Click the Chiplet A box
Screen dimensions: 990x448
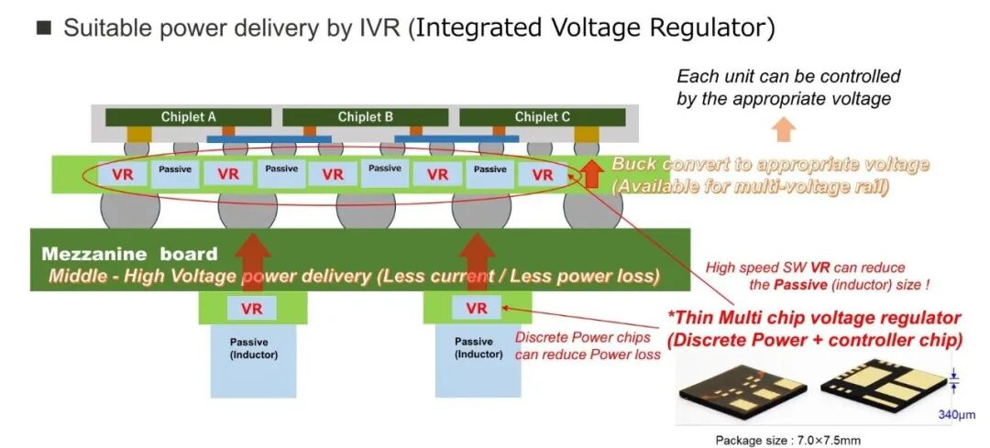coord(188,117)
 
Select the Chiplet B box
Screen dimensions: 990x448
coord(366,117)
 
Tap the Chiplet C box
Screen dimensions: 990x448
coord(543,117)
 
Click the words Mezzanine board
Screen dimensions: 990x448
coord(129,255)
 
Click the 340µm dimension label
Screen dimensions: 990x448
coord(957,415)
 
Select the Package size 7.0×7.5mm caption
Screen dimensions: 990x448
coord(788,440)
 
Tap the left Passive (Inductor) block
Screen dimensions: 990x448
coord(253,361)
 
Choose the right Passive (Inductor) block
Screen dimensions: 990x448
coord(478,361)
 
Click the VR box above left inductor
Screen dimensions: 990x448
coord(251,309)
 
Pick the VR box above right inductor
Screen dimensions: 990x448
coord(477,308)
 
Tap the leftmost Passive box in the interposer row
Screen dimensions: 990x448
coord(175,173)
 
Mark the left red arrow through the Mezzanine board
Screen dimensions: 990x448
coord(251,262)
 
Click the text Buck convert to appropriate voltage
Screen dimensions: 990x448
coord(770,165)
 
